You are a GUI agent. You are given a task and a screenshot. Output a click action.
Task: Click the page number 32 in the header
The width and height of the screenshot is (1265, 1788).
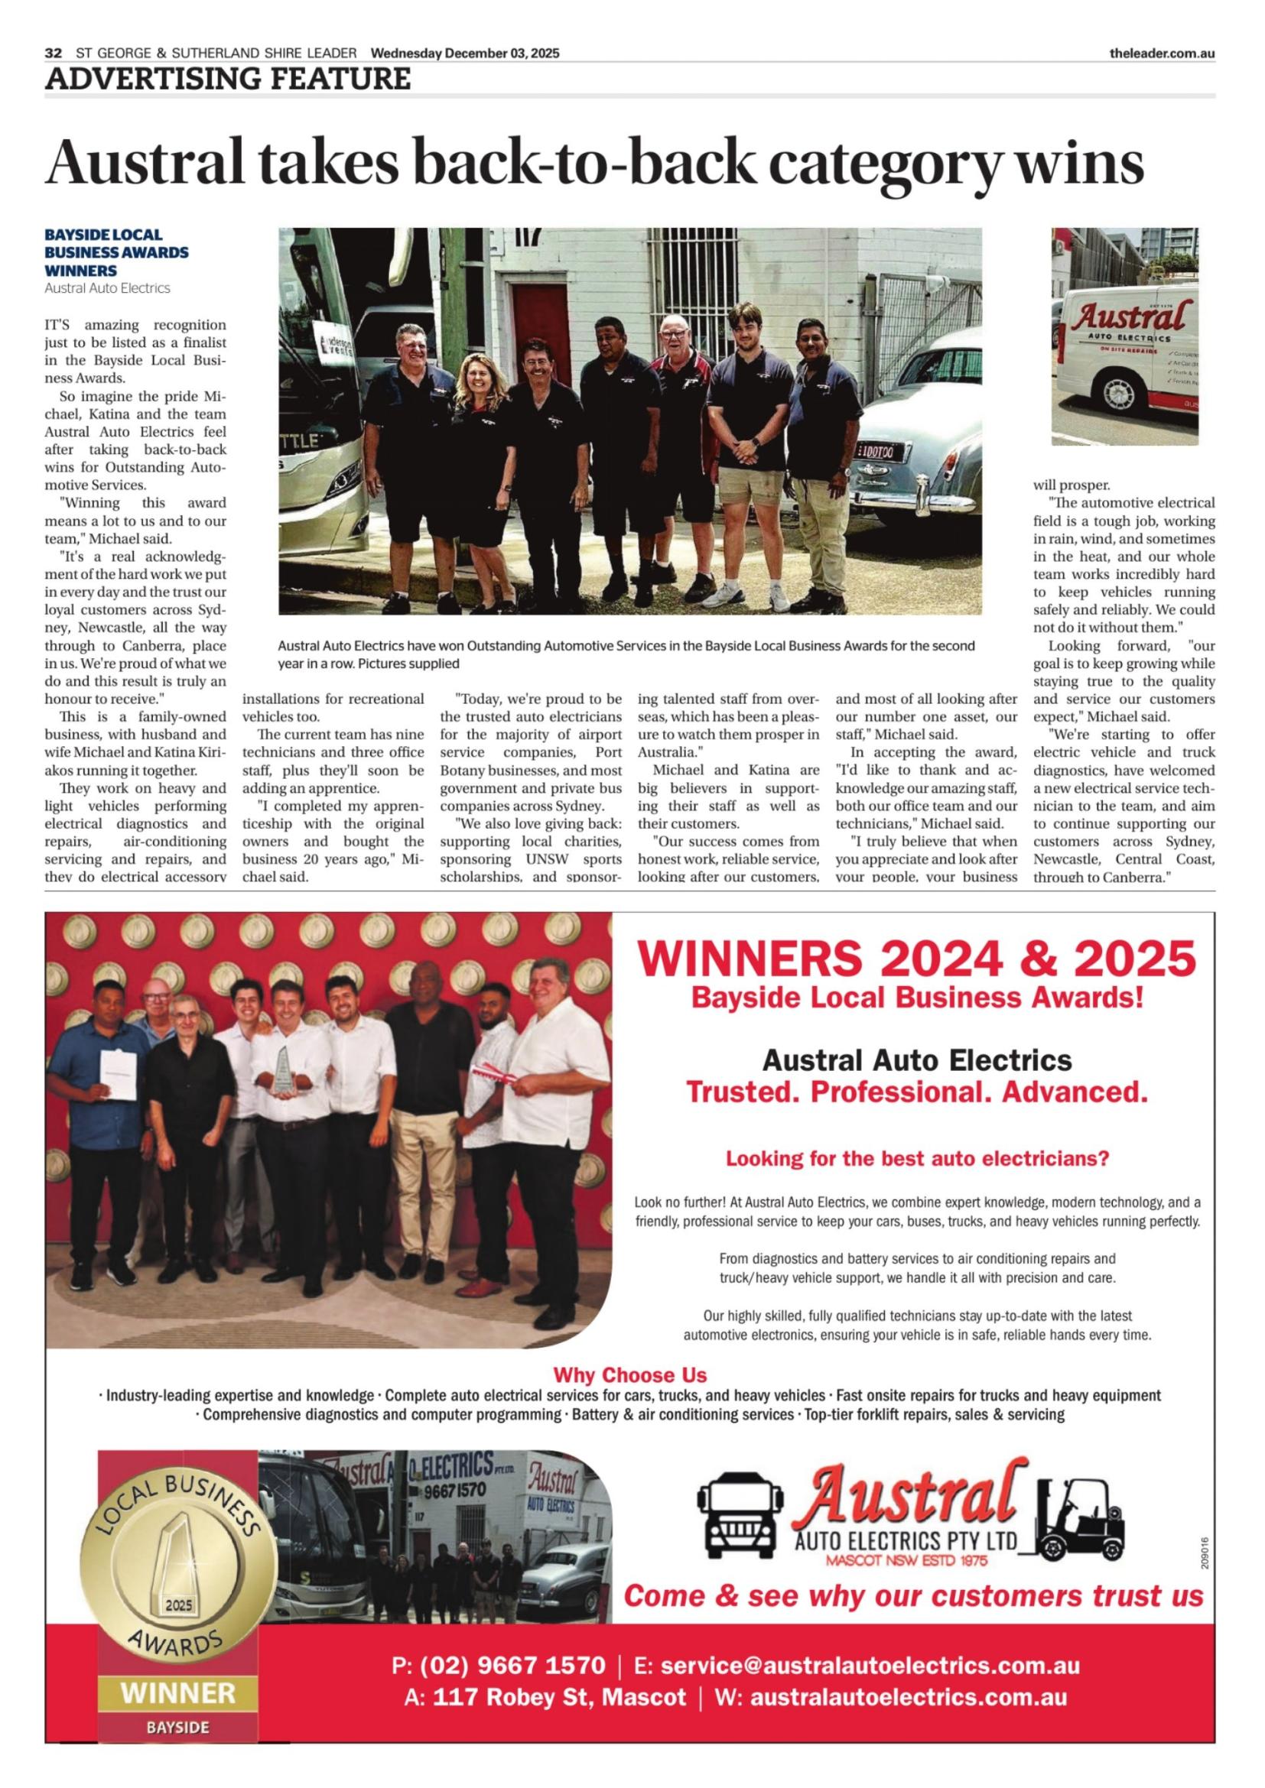53,53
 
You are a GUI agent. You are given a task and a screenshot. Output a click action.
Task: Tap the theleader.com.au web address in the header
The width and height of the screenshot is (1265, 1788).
1163,53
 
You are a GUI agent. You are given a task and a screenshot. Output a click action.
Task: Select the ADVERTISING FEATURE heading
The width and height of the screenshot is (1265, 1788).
227,79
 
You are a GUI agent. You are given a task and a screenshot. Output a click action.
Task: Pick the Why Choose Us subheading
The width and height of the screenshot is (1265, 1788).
629,1375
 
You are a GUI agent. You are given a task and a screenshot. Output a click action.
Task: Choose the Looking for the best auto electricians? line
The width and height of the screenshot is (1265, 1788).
917,1159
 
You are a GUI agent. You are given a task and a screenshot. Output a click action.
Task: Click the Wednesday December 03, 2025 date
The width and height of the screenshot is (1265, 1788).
465,53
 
